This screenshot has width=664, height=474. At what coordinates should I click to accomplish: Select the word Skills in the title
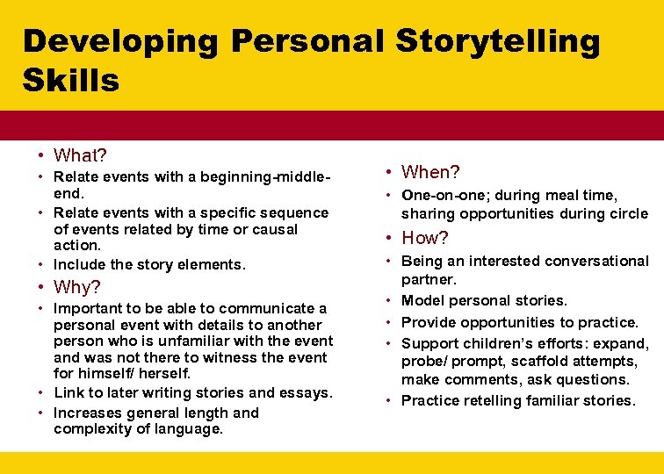click(x=71, y=81)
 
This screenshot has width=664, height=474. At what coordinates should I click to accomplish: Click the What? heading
click(x=80, y=155)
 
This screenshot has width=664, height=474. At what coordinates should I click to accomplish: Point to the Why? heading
click(x=77, y=287)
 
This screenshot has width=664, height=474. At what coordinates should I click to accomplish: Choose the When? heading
click(x=430, y=173)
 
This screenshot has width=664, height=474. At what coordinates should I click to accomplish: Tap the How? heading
click(x=425, y=238)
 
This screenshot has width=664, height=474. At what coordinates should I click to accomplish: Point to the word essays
click(x=301, y=392)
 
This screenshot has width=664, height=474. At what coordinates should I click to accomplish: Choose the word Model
click(x=423, y=300)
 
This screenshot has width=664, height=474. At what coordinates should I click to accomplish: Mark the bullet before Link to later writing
click(x=42, y=392)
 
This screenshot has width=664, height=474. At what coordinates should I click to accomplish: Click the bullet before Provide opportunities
click(x=390, y=322)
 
